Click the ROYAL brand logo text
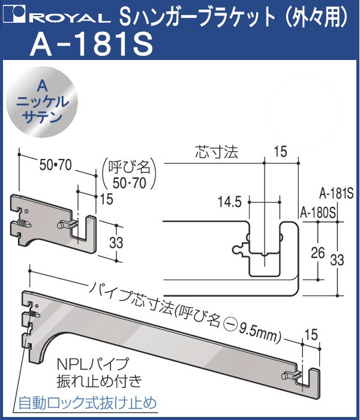coord(72,18)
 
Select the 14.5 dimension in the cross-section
coord(230,202)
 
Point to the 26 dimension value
coord(318,253)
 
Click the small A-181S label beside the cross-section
coord(337,194)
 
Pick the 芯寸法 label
coord(217,152)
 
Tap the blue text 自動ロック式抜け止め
coord(88,403)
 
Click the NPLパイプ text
coord(93,364)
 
